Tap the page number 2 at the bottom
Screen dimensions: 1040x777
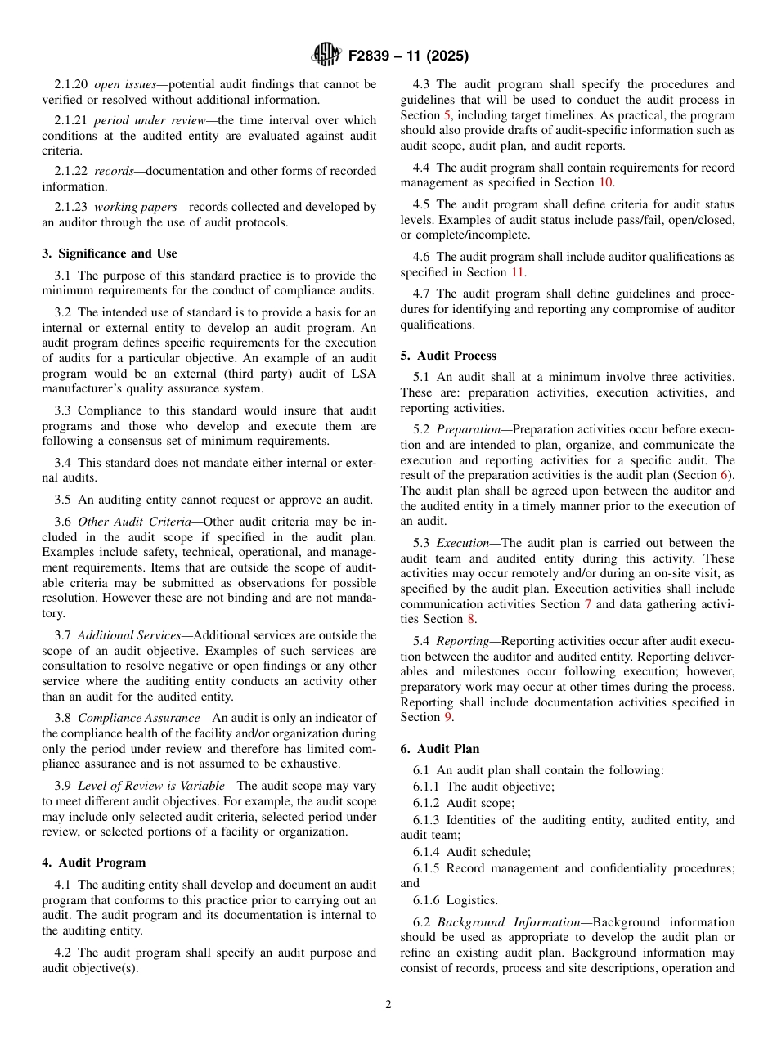point(388,1005)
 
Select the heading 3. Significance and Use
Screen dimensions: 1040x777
point(110,253)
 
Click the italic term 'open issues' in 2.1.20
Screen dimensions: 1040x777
point(121,84)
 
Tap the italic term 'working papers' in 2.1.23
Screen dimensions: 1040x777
point(128,208)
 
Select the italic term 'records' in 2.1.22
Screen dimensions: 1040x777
point(115,171)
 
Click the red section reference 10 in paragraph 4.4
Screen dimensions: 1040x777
point(605,182)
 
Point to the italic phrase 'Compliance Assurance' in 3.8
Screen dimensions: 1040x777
point(138,718)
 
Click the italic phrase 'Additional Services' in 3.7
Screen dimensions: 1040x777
point(129,635)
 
